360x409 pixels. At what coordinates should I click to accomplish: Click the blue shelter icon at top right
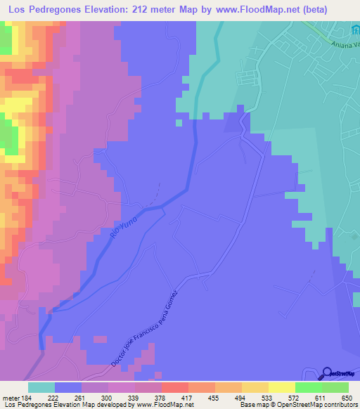point(355,32)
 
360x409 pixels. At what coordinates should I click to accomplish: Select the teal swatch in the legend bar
point(41,387)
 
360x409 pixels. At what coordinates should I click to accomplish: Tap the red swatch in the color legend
point(174,387)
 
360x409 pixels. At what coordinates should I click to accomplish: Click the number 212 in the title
point(166,9)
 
